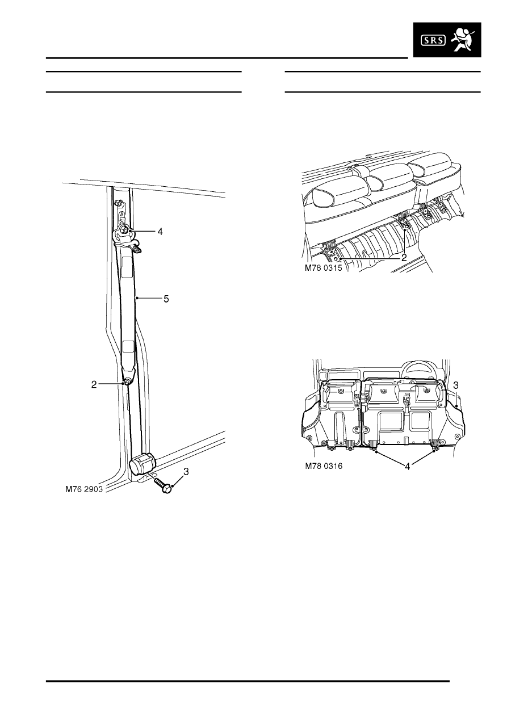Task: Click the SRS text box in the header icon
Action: pos(433,40)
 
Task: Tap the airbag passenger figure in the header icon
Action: pos(462,40)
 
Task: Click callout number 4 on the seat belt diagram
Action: pos(160,232)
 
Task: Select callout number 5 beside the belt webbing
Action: pos(166,299)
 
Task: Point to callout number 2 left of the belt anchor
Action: pos(94,384)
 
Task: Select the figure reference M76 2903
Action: pos(84,489)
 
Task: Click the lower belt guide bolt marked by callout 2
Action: pos(127,381)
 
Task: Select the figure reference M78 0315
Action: pos(323,268)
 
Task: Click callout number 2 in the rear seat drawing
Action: pos(404,258)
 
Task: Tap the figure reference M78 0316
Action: pos(324,466)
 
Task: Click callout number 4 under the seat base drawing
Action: pos(408,467)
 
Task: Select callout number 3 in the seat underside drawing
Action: pos(456,385)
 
